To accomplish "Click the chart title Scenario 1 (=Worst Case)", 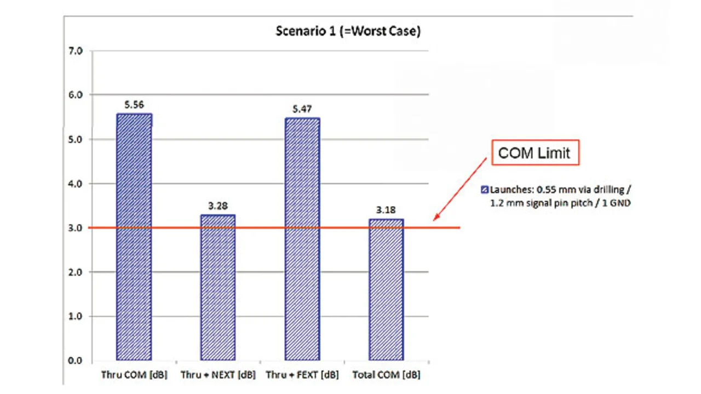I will click(348, 31).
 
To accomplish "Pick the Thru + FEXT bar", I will click(302, 239).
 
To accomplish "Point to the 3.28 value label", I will click(218, 205).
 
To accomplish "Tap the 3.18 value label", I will click(386, 210).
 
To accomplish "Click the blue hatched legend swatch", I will click(484, 190).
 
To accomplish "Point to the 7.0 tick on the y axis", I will click(76, 51).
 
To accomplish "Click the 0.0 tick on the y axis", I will click(76, 361).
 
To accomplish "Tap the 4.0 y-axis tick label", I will click(76, 184).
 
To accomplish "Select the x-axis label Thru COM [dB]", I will click(134, 375).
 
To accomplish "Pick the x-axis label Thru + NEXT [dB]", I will click(218, 375).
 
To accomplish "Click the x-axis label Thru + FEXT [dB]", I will click(302, 375).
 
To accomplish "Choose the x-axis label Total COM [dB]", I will click(386, 375).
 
